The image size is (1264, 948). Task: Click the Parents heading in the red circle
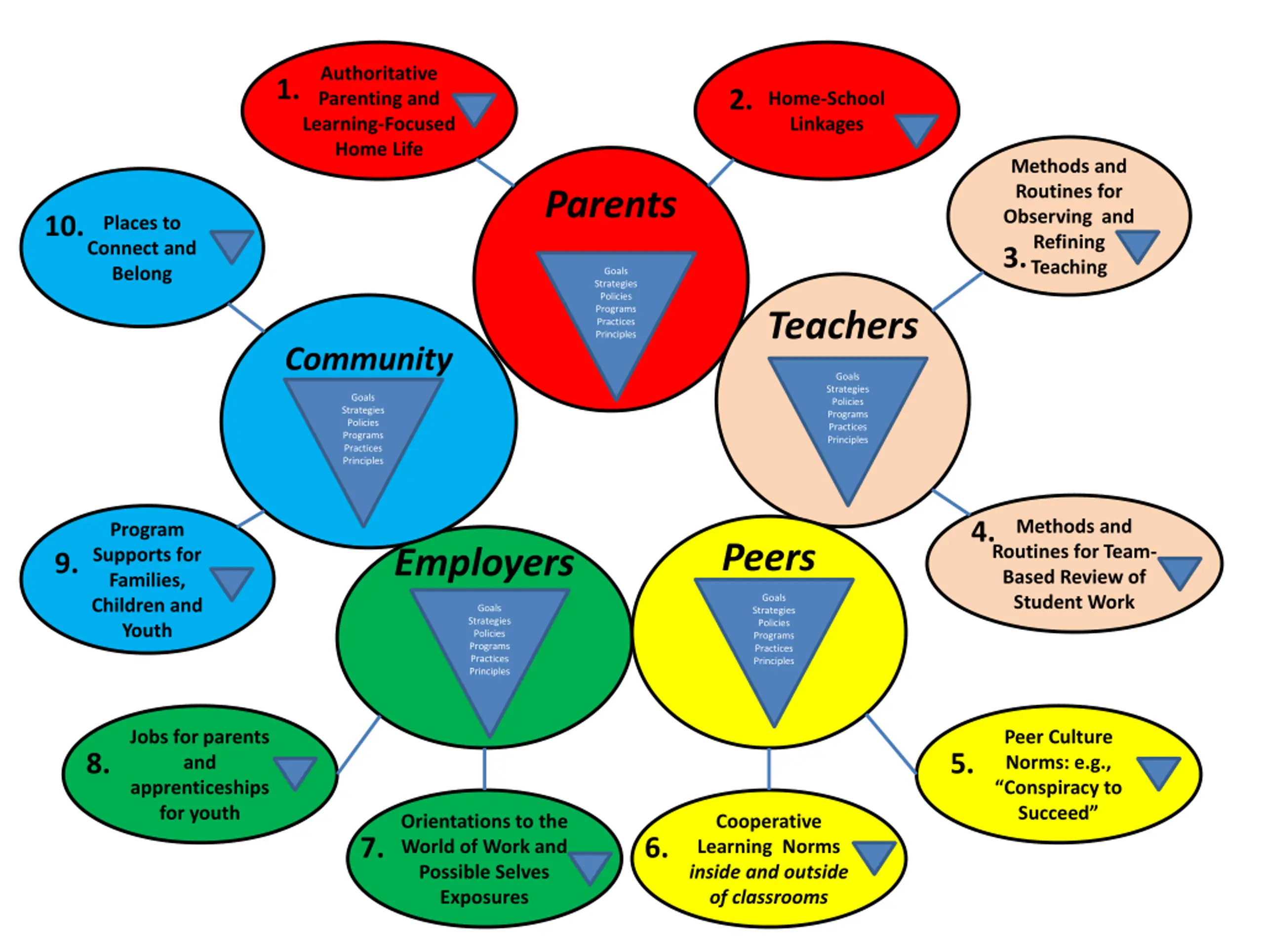[x=610, y=204]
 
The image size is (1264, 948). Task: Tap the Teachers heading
[x=843, y=326]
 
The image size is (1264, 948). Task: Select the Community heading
[x=368, y=359]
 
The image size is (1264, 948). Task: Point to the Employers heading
[x=484, y=563]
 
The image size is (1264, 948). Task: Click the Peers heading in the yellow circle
[x=769, y=558]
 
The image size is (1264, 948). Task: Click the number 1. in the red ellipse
[x=287, y=90]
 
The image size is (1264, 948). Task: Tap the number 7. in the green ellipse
[x=372, y=847]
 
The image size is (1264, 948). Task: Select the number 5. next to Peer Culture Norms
[x=962, y=764]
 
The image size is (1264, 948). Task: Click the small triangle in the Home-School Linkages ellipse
[x=916, y=128]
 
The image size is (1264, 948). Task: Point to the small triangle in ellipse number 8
[x=295, y=771]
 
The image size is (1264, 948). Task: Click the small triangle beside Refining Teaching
[x=1137, y=244]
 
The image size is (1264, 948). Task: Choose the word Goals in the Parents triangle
[x=615, y=271]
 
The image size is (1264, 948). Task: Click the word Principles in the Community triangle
[x=363, y=461]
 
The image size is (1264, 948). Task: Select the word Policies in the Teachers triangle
[x=847, y=402]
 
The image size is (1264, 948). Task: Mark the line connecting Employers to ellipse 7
[x=484, y=769]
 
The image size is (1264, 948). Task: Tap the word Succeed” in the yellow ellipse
[x=1057, y=813]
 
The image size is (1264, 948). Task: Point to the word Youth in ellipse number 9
[x=147, y=631]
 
